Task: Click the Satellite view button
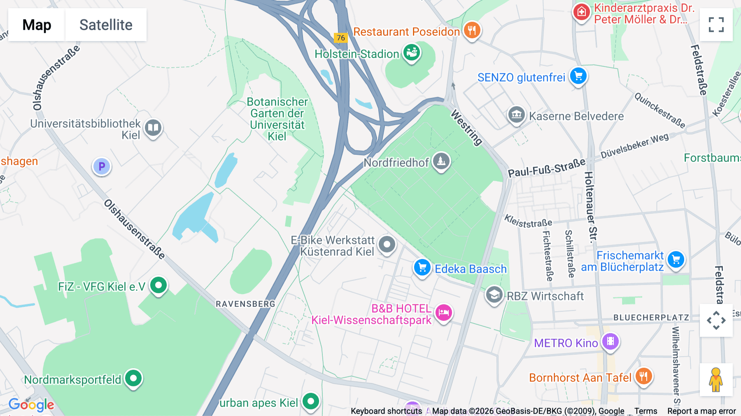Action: tap(106, 25)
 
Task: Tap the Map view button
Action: tap(37, 25)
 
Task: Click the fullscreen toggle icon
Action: tap(716, 25)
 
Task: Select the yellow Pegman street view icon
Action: tap(716, 379)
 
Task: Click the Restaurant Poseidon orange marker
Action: tap(472, 30)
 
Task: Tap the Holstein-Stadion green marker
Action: tap(411, 53)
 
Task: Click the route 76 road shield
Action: tap(341, 38)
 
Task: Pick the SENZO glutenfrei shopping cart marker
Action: tap(578, 76)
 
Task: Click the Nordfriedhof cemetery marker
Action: tap(441, 161)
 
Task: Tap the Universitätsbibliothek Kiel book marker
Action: tap(153, 127)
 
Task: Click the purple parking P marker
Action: tap(102, 166)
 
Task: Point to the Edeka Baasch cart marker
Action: tap(422, 267)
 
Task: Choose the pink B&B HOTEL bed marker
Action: tap(443, 312)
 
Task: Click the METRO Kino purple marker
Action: tap(610, 341)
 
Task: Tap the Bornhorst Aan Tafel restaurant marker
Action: tap(643, 376)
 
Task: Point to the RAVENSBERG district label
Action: tap(245, 304)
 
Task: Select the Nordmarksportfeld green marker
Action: tap(133, 378)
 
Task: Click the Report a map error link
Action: tap(701, 411)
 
